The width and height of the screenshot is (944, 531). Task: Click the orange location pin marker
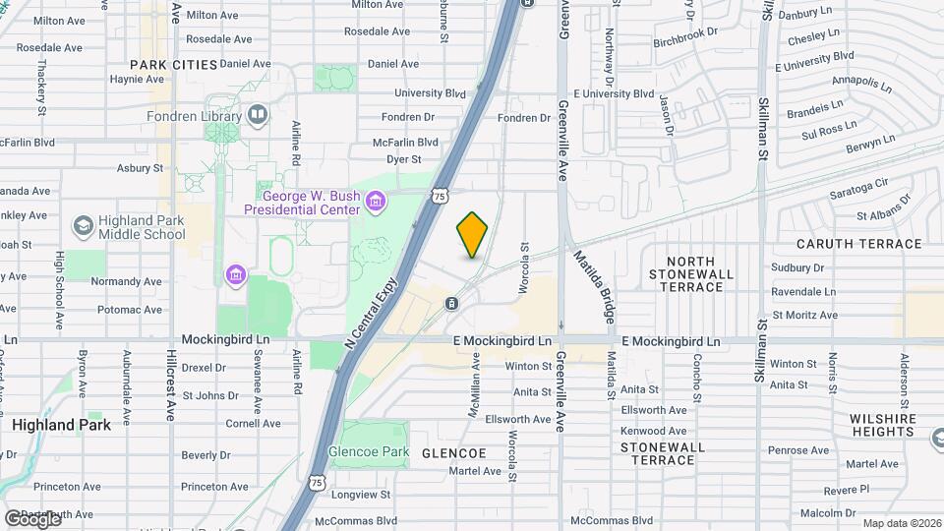point(472,234)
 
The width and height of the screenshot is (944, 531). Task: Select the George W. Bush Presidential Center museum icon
point(375,203)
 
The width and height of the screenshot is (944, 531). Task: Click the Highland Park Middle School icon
point(84,226)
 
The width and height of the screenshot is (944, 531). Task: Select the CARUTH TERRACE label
point(859,244)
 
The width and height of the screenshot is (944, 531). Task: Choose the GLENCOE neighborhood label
point(453,453)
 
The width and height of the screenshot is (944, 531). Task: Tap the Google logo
point(32,518)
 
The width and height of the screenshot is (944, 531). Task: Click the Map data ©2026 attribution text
point(901,523)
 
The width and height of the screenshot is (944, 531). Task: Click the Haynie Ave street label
point(136,80)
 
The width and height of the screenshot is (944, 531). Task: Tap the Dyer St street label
point(403,158)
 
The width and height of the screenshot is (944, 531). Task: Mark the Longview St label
point(364,495)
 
